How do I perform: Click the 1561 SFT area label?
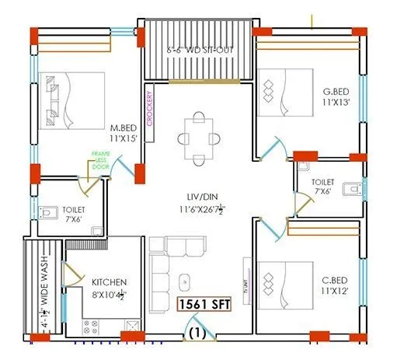(x=207, y=305)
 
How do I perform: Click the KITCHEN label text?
(x=109, y=281)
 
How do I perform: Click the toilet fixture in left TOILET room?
(x=50, y=210)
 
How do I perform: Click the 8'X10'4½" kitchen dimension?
(x=109, y=294)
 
